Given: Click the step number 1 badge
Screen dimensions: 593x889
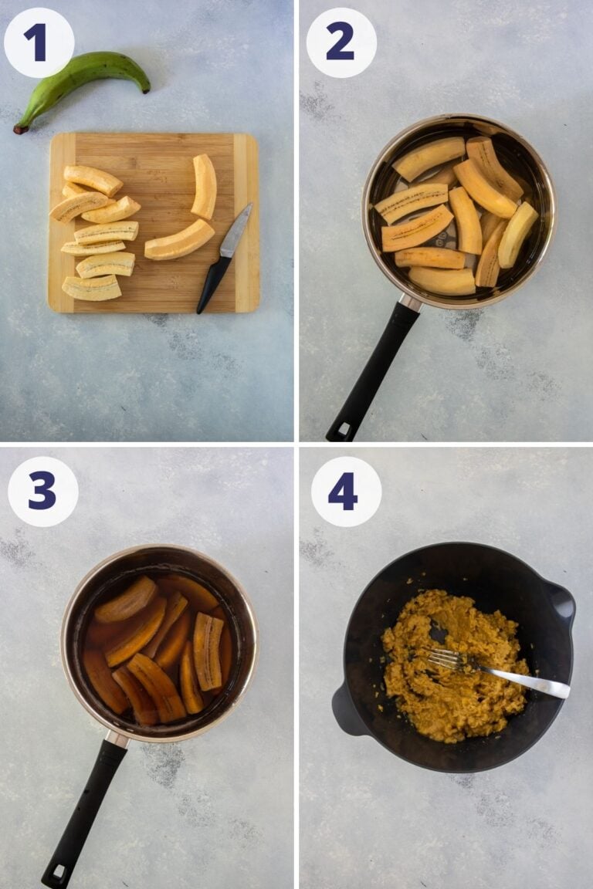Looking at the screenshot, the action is pos(39,42).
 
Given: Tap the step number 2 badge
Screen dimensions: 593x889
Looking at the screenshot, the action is pos(341,42).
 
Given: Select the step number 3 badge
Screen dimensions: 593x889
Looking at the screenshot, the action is pos(42,492).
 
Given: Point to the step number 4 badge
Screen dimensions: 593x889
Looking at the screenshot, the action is pos(346,492).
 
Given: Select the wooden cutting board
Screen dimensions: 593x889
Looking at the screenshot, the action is pos(154,223).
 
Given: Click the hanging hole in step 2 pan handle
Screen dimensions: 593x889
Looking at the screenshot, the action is pos(343,429).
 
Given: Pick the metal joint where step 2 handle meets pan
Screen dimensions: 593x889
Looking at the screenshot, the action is pos(411,303).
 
